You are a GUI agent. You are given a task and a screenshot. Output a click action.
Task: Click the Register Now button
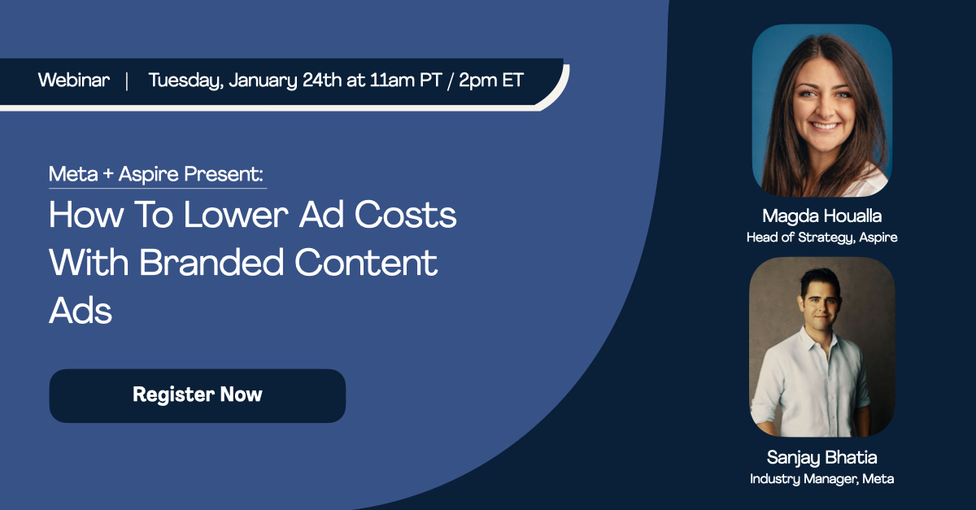[x=198, y=396]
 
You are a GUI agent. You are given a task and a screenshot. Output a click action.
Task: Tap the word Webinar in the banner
[x=74, y=81]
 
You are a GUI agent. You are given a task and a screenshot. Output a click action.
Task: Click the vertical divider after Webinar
[x=127, y=81]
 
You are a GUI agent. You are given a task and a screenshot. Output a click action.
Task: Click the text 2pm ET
[x=491, y=81]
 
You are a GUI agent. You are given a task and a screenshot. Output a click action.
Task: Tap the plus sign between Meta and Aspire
[x=108, y=174]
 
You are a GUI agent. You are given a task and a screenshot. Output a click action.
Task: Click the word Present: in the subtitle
[x=224, y=174]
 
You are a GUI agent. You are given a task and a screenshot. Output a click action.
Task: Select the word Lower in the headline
[x=235, y=215]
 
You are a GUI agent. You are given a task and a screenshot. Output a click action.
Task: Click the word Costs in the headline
[x=405, y=215]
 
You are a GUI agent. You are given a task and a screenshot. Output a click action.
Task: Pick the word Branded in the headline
[x=211, y=263]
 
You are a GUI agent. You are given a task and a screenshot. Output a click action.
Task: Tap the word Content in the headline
[x=366, y=263]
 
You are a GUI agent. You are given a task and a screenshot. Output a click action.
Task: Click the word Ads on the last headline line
[x=81, y=311]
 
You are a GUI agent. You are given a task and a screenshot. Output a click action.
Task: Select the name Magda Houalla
[x=821, y=216]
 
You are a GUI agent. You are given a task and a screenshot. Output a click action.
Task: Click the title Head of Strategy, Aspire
[x=821, y=238]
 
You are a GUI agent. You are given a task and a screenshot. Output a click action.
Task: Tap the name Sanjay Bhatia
[x=821, y=458]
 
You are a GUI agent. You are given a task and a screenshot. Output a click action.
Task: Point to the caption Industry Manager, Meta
[x=821, y=479]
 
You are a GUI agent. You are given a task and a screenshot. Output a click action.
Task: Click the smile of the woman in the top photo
[x=824, y=126]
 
